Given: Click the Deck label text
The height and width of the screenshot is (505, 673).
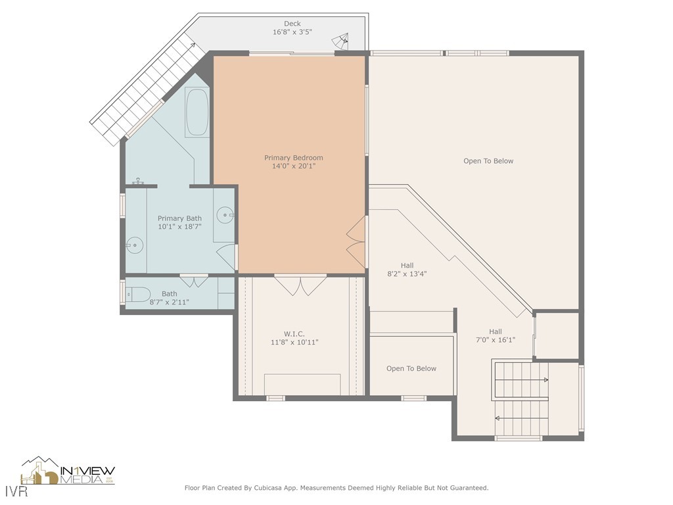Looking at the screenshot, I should [x=292, y=24].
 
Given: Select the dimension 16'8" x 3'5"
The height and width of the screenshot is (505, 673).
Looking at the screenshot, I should [x=292, y=32].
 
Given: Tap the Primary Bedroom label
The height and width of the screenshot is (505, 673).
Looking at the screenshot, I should [x=293, y=158].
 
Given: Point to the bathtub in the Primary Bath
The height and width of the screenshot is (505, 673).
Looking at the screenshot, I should [x=197, y=112].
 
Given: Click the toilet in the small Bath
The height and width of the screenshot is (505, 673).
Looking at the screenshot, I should [x=139, y=294].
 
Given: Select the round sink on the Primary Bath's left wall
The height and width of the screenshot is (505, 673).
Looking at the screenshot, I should [x=135, y=245].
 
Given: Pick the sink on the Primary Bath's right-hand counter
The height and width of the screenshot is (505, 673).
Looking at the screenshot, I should [x=225, y=214].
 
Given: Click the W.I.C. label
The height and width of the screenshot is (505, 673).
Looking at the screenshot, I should [x=294, y=334].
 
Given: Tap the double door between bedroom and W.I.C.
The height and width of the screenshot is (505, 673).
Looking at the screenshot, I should [x=300, y=285].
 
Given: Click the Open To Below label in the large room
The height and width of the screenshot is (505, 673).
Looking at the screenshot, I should [x=488, y=161].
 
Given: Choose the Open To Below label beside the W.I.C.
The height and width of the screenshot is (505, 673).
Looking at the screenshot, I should [x=411, y=368].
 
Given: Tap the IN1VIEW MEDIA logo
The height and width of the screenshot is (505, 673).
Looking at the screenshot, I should [x=68, y=471].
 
